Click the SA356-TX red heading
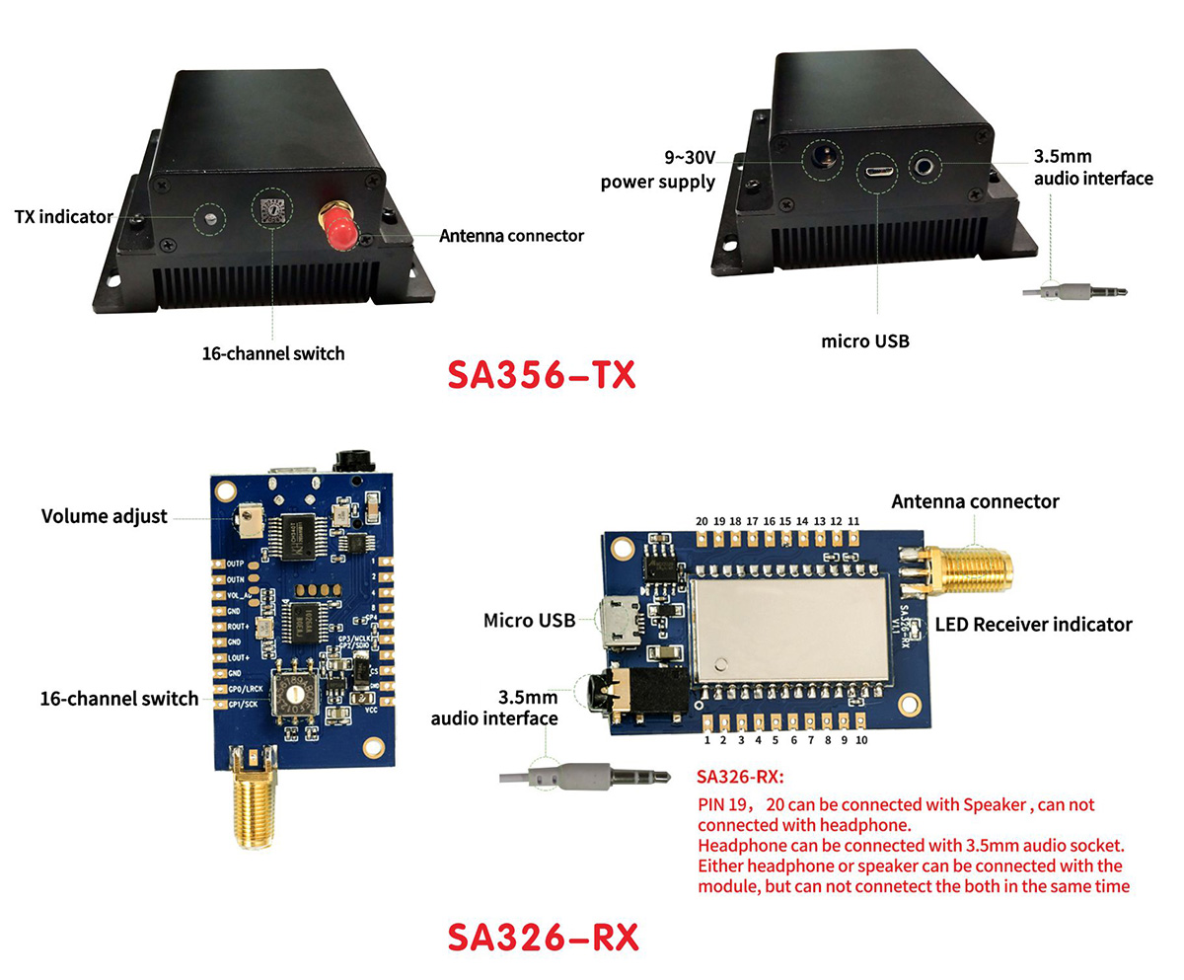542,376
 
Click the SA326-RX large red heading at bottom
543,937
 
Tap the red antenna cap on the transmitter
337,229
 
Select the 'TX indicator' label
64,216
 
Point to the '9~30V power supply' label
658,170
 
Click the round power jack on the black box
821,156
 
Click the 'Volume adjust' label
105,516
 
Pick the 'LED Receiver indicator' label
1033,624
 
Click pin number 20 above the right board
702,521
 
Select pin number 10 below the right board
861,739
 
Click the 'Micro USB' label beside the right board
529,621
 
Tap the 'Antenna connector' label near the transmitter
511,236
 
